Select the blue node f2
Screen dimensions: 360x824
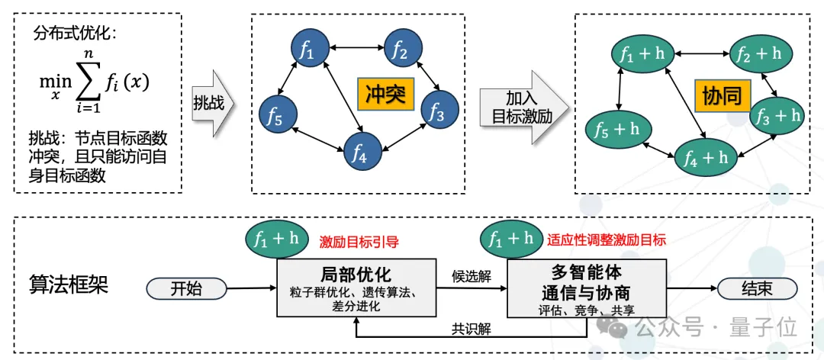tap(401, 50)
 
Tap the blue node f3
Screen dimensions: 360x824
tap(437, 113)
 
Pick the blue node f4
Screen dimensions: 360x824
tap(361, 155)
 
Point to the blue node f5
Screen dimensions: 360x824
tap(275, 117)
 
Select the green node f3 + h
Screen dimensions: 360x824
tap(777, 115)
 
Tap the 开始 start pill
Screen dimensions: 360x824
tap(187, 289)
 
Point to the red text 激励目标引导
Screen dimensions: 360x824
tap(359, 241)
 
